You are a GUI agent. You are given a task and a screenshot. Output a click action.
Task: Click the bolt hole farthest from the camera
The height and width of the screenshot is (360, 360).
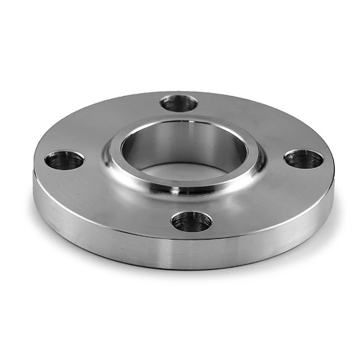[179, 103]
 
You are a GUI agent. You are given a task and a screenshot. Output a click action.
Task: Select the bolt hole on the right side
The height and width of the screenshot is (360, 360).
[304, 159]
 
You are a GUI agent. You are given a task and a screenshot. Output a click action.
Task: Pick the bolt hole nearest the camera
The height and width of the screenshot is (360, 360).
[191, 221]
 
